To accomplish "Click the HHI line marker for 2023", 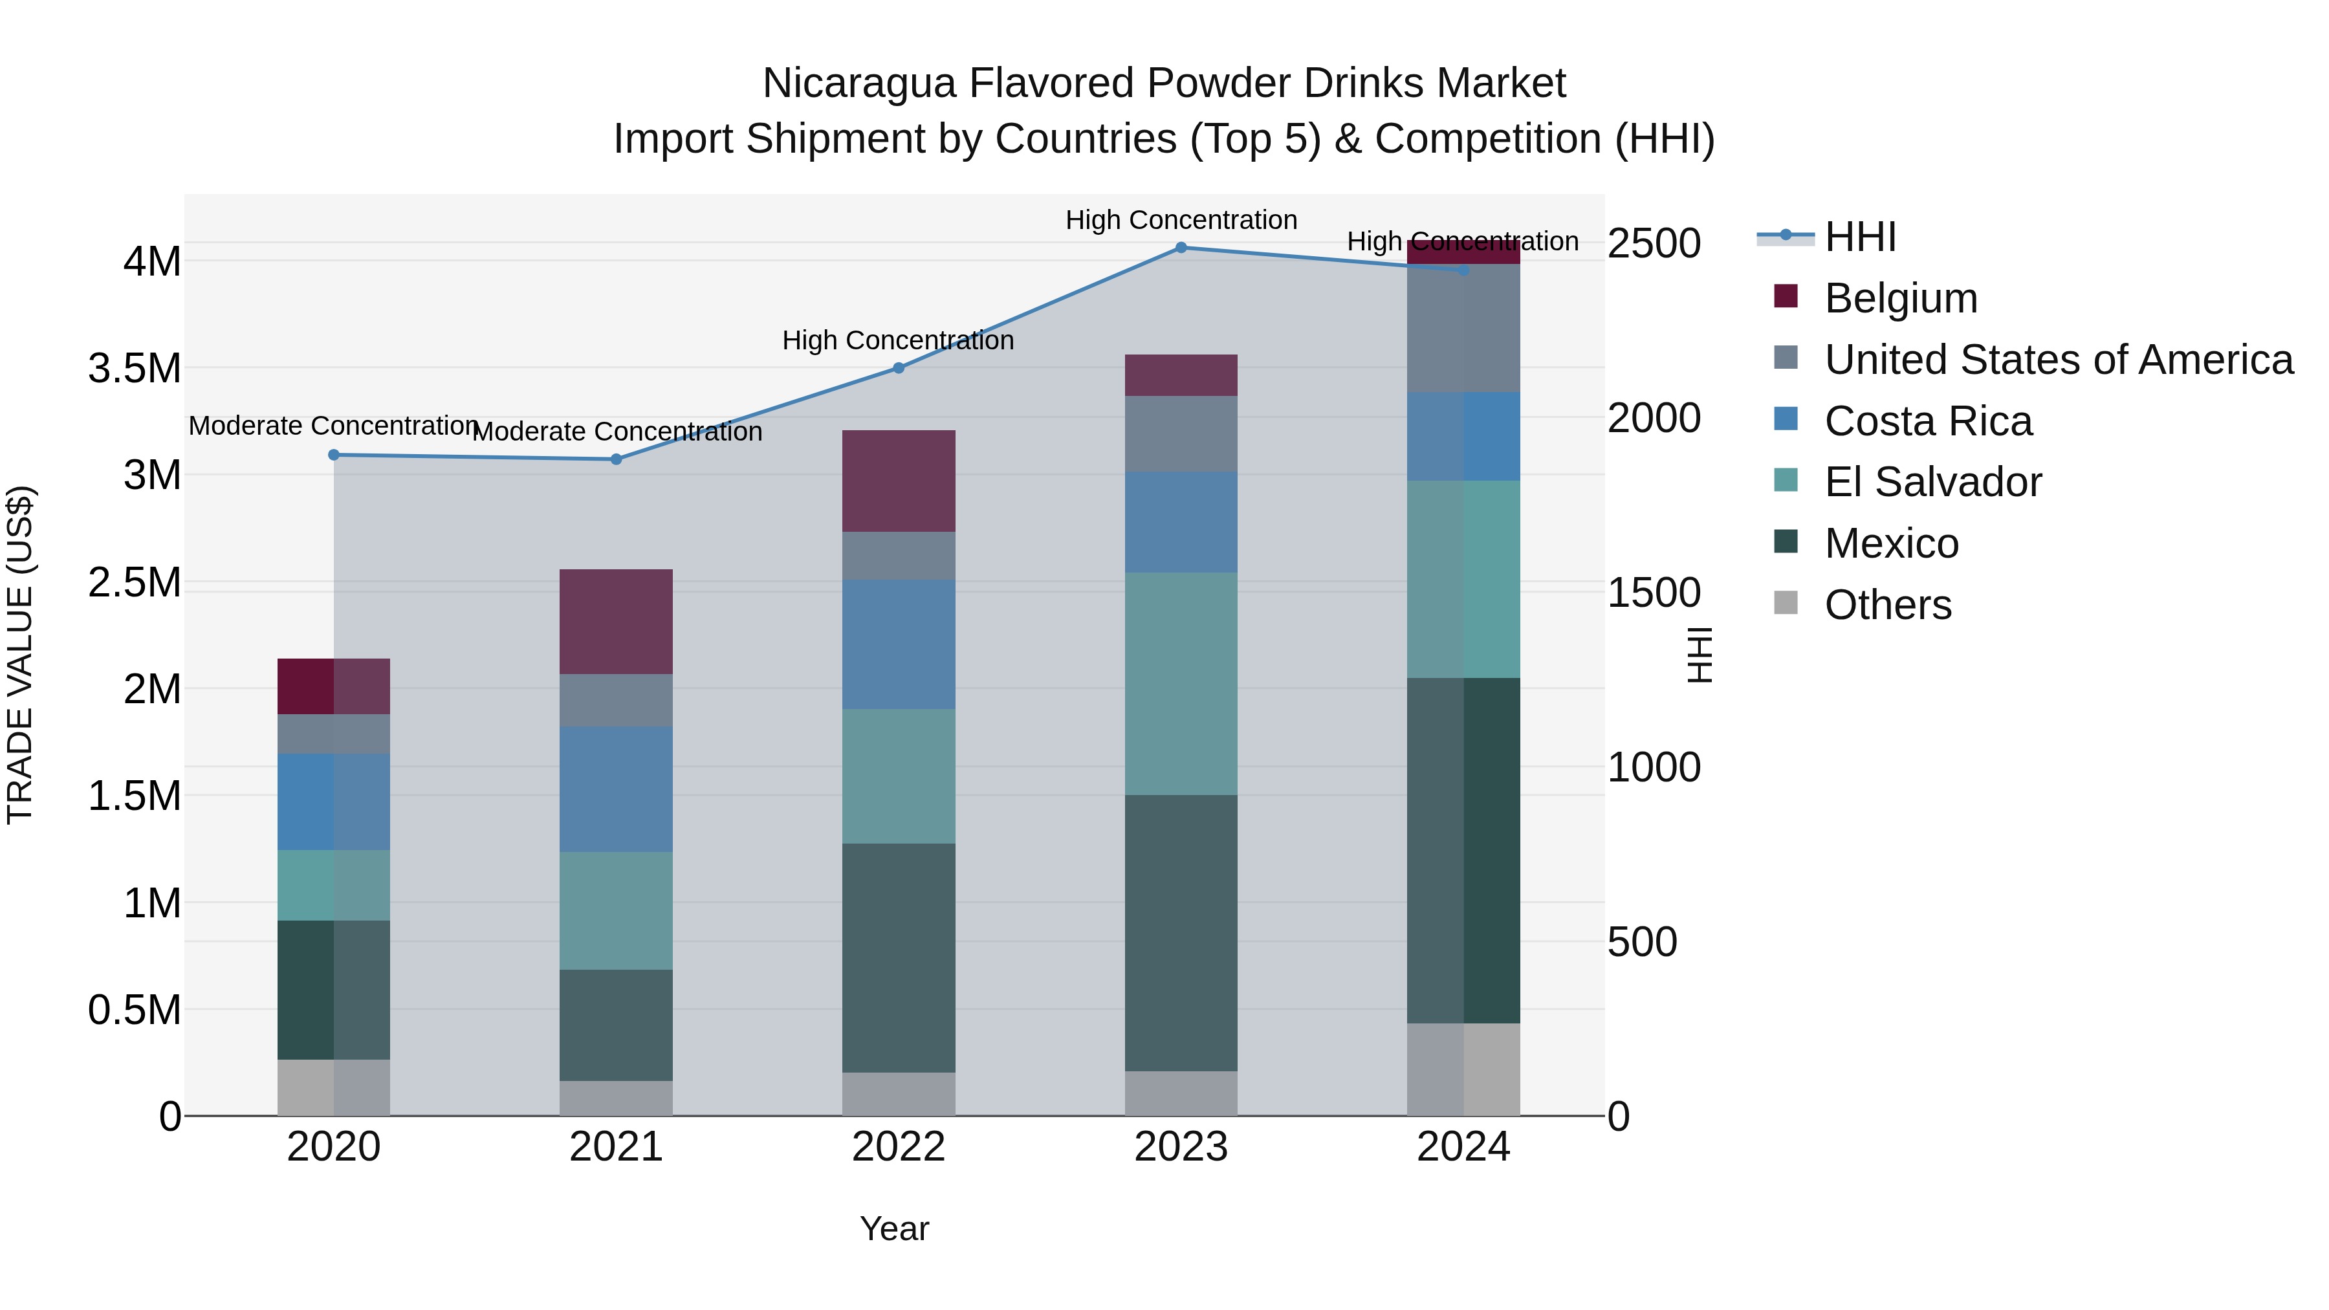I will (x=1181, y=247).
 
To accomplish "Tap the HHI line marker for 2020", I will (x=334, y=455).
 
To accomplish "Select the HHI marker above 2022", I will (x=899, y=368).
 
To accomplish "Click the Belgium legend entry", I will (x=1901, y=298).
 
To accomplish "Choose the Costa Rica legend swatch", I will (x=1786, y=419).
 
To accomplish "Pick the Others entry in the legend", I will (x=1888, y=605).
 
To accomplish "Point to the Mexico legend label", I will (x=1892, y=543).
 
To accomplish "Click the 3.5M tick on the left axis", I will (x=135, y=369).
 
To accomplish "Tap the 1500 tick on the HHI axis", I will (x=1654, y=593).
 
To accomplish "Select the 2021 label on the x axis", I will (x=616, y=1147).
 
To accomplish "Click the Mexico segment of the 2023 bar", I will (x=1181, y=933).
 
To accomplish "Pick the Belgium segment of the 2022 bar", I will (x=899, y=481).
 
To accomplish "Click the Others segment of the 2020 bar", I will (x=334, y=1087).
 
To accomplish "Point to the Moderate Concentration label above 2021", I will (x=618, y=432).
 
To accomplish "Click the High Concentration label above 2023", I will (x=1181, y=220).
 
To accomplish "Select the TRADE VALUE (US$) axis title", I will (x=20, y=655).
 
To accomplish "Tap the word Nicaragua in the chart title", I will (x=859, y=83).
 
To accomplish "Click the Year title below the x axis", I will (x=894, y=1228).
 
